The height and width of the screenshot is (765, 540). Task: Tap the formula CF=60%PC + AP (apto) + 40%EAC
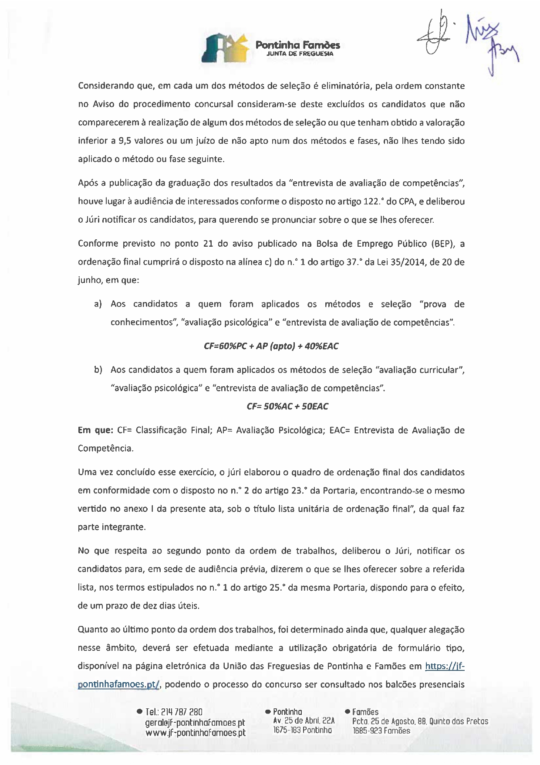(271, 346)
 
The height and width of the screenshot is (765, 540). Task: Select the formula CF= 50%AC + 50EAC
(287, 406)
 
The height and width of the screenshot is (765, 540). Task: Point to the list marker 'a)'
(98, 304)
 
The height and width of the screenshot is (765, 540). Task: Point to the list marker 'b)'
(98, 370)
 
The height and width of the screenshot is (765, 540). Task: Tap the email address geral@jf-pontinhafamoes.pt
(195, 722)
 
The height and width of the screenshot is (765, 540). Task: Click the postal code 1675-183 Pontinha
(303, 730)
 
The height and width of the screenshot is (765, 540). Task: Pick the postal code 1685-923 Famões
(381, 731)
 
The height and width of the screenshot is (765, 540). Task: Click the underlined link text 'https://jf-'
(445, 666)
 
